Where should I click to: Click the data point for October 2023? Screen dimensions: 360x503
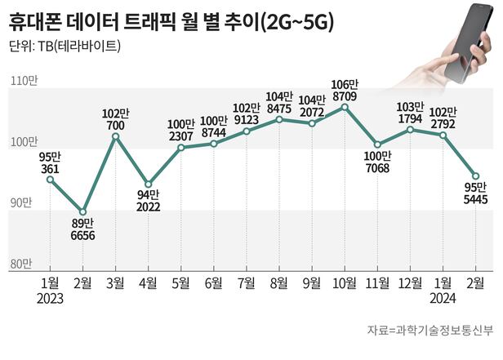[345, 107]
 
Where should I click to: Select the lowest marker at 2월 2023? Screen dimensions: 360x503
[82, 212]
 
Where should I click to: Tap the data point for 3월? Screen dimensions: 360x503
[115, 136]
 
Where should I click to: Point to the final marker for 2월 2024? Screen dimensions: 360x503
[475, 176]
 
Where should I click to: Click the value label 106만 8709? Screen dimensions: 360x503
[345, 89]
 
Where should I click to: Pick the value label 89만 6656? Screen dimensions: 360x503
[82, 229]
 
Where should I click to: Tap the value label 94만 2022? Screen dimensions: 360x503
[148, 202]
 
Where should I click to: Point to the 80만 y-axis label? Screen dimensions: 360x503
[21, 264]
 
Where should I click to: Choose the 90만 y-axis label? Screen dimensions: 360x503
[21, 202]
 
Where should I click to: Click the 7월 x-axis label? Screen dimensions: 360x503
[246, 282]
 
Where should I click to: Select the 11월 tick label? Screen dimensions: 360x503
[376, 282]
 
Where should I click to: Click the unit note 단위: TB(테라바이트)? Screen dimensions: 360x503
[65, 46]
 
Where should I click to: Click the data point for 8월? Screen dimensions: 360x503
[279, 119]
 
